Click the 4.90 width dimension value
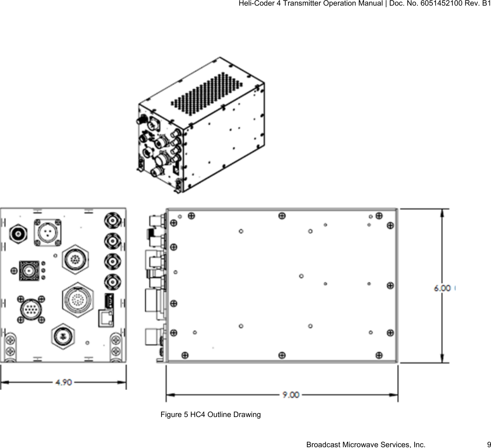63,382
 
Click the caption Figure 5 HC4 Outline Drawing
211,414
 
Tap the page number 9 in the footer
488,444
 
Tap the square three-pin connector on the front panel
48,233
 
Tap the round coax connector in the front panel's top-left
18,233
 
